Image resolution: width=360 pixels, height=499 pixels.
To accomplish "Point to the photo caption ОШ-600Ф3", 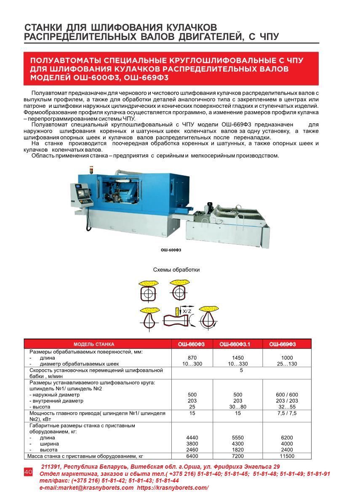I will [171, 250].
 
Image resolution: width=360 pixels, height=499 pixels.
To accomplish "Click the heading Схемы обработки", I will [176, 270].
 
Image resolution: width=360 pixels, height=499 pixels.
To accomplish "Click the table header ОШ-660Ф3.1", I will [237, 344].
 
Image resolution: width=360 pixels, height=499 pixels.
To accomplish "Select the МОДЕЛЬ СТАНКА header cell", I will [93, 344].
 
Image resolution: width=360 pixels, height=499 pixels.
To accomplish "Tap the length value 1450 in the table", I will [237, 358].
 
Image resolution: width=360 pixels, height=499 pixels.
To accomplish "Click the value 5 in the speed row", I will [241, 370].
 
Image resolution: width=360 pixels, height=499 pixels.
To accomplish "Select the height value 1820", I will [237, 450].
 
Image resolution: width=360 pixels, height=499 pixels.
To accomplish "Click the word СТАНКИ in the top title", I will [45, 27].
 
